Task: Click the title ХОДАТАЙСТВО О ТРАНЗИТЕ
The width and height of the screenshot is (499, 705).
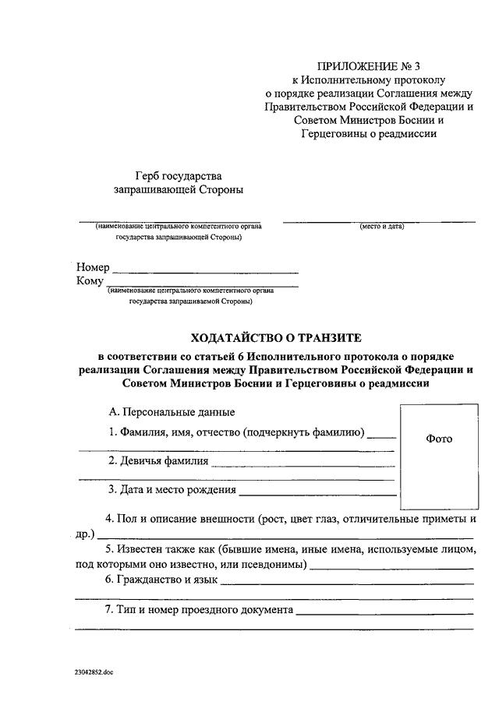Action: (278, 337)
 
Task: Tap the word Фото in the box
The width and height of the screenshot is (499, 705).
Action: (439, 439)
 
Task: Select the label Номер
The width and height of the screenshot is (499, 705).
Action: (93, 267)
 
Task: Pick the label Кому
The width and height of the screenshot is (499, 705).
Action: (90, 281)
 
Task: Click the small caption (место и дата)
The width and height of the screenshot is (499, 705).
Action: (381, 227)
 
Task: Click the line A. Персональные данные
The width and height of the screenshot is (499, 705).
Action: (172, 412)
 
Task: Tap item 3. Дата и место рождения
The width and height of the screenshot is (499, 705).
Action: (172, 490)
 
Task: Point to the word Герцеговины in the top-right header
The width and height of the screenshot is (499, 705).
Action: (331, 133)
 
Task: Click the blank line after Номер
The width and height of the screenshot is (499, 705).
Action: (206, 272)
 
